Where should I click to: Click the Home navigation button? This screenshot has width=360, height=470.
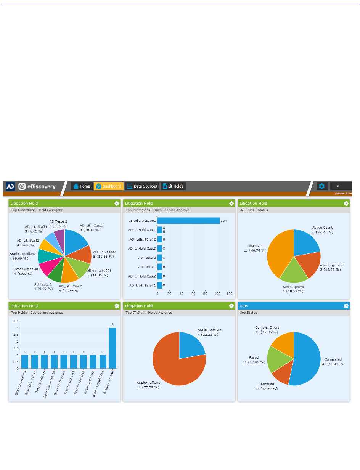click(82, 186)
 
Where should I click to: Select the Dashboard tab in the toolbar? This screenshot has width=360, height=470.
click(109, 186)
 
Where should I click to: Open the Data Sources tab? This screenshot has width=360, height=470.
click(142, 186)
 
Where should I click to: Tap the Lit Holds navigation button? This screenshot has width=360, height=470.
click(173, 186)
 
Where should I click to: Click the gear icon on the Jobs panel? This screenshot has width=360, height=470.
click(346, 306)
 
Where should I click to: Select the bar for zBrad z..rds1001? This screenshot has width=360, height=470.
click(188, 221)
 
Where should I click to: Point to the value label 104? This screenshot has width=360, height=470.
click(224, 221)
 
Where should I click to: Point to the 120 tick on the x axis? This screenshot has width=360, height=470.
click(229, 294)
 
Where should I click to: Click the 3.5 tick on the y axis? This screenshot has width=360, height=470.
click(16, 321)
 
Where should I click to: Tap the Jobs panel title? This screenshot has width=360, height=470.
click(243, 306)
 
